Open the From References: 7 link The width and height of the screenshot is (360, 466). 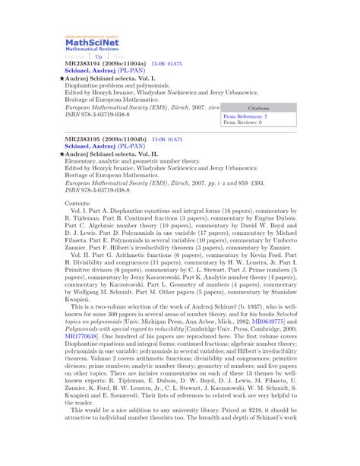click(x=245, y=116)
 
